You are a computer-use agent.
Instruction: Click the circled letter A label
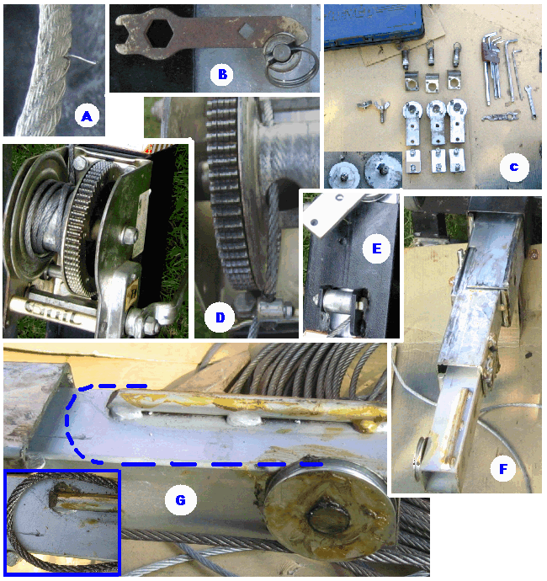click(87, 116)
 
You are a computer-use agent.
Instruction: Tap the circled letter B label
click(222, 74)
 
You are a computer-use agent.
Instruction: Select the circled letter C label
click(514, 167)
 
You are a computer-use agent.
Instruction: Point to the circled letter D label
click(220, 317)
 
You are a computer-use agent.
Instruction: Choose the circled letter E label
click(376, 248)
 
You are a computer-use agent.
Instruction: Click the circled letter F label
click(503, 469)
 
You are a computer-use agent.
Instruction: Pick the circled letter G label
click(180, 500)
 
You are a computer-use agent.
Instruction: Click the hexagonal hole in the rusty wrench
click(160, 34)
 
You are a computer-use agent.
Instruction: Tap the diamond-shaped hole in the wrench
click(247, 31)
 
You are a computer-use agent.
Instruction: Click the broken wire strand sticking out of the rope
click(82, 59)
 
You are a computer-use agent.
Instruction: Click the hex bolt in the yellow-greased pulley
click(330, 518)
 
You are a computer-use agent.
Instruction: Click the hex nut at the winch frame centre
click(130, 235)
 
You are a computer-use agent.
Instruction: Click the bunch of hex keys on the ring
click(492, 67)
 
